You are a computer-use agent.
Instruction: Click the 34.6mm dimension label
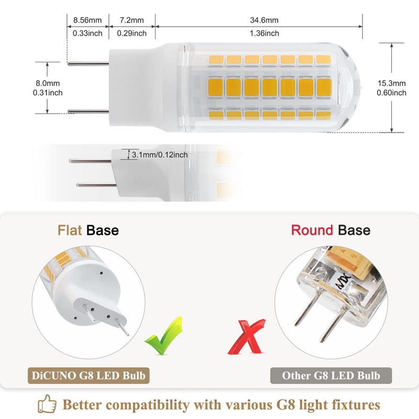[x=264, y=20]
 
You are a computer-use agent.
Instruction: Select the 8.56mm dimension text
[x=87, y=20]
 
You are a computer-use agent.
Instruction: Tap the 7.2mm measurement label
[x=132, y=20]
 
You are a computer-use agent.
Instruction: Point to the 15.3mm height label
[x=391, y=83]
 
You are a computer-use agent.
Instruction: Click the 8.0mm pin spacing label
[x=47, y=83]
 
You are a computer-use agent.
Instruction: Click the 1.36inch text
[x=264, y=34]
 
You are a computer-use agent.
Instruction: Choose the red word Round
[x=312, y=230]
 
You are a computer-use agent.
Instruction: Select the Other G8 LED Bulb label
[x=331, y=375]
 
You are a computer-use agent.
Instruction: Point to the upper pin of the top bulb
[x=89, y=64]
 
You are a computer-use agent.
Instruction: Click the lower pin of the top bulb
[x=89, y=111]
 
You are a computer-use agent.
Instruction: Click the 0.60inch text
[x=391, y=93]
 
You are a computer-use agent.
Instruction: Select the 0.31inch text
[x=47, y=93]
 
